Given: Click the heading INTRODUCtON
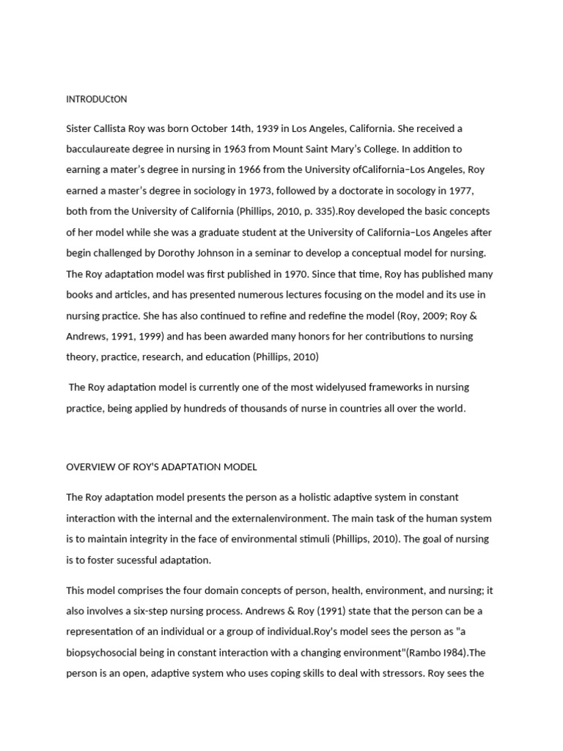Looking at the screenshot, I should click(x=97, y=99).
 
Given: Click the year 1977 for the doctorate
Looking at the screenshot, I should click(x=460, y=191).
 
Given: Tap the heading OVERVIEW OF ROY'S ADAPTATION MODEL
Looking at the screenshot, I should click(x=161, y=467).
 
